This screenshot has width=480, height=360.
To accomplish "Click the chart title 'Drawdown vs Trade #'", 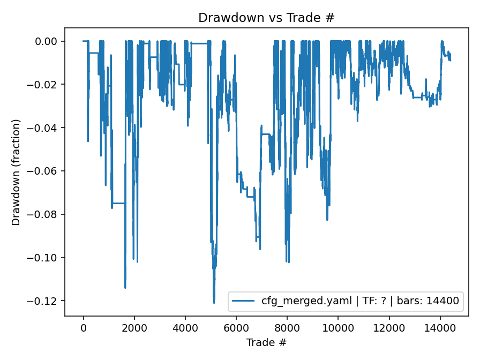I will click(266, 17).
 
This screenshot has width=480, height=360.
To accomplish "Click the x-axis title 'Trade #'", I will click(266, 342).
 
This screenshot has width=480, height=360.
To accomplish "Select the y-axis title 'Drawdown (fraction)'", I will click(17, 172).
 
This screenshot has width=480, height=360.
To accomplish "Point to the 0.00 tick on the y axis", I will click(47, 41).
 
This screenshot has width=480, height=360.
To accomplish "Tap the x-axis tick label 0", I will click(84, 328).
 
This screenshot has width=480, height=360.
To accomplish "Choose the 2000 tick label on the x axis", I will click(134, 328).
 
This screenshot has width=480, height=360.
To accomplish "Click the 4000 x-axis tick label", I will click(185, 328).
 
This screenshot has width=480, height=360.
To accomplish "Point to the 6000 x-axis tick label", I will click(236, 328).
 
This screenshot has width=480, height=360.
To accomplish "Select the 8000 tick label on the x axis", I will click(287, 328).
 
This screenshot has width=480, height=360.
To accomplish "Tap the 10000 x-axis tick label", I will click(338, 328).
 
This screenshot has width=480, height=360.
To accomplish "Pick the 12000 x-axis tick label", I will click(389, 328).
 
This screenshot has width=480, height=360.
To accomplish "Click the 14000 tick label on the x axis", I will click(440, 328).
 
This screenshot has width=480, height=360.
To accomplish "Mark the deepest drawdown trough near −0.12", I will click(214, 303).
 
